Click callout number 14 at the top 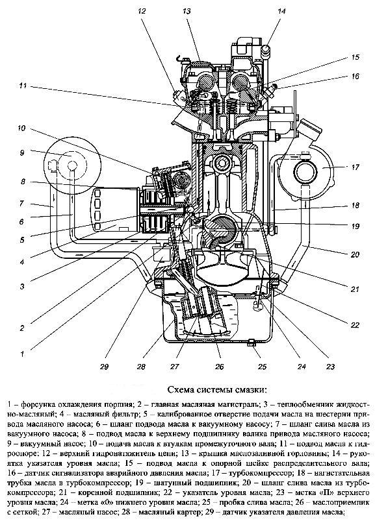point(281,11)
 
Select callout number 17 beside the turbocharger point(356,167)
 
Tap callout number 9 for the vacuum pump point(22,152)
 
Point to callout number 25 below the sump point(262,367)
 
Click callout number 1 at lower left point(22,354)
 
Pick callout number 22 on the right point(355,324)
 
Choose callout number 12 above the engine point(142,11)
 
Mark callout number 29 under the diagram point(104,367)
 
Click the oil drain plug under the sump point(252,342)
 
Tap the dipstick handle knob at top point(266,50)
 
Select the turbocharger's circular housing point(305,173)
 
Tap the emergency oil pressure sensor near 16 point(270,90)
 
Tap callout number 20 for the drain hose point(355,254)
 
